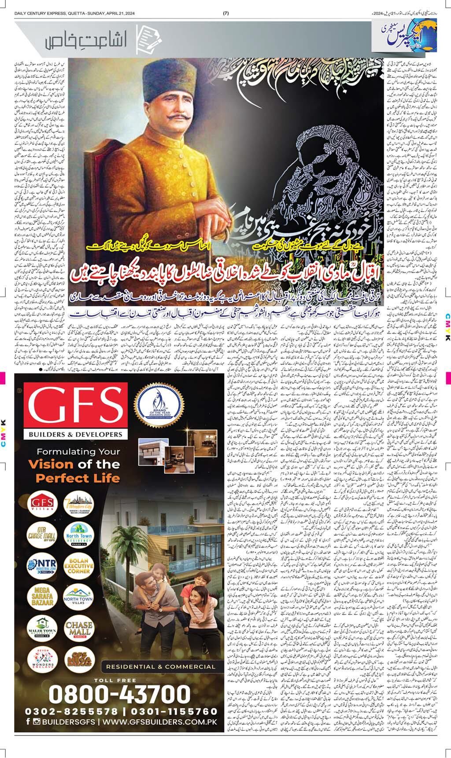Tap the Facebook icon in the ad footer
click(28, 722)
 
